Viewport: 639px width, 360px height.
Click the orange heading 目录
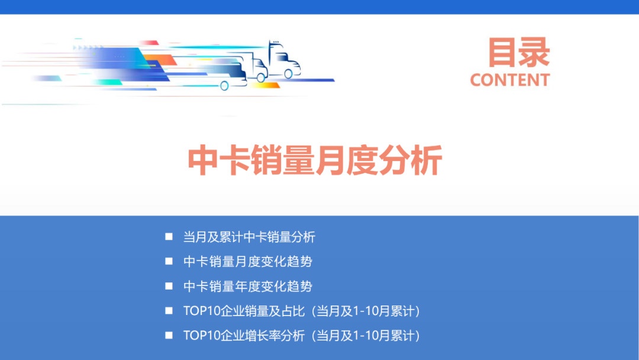518,52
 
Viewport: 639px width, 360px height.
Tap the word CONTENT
509,80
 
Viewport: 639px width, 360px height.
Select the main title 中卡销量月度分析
315,160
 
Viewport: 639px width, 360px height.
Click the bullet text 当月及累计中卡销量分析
249,237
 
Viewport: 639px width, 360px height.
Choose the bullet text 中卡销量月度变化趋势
247,262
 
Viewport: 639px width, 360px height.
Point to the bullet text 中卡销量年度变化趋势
247,287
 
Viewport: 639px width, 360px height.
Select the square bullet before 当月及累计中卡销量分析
169,237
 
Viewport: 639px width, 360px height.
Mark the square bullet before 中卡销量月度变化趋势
169,261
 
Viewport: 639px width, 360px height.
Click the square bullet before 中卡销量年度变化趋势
169,286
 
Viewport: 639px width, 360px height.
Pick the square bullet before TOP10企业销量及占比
169,311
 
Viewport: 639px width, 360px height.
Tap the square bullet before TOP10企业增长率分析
169,335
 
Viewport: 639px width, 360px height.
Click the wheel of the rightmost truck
288,74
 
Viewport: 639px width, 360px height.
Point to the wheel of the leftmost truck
224,86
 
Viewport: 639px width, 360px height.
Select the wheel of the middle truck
260,77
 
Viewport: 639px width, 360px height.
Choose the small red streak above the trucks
150,43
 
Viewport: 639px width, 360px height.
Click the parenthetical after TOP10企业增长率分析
366,336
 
